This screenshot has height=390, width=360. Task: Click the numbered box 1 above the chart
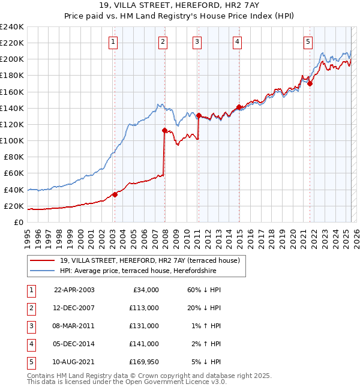[x=113, y=41]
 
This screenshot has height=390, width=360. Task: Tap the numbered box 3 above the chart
[x=197, y=41]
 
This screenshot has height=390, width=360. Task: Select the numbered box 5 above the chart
[x=308, y=41]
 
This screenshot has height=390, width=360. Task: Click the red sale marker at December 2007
[x=164, y=130]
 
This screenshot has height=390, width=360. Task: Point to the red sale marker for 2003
[x=115, y=194]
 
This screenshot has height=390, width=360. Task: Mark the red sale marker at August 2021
[x=310, y=84]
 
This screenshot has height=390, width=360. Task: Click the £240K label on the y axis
[x=12, y=27]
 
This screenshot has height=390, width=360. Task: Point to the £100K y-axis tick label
[x=12, y=140]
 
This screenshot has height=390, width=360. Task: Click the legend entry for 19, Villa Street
[x=149, y=260]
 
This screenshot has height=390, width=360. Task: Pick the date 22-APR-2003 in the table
[x=74, y=290]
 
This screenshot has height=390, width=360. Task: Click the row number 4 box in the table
[x=29, y=344]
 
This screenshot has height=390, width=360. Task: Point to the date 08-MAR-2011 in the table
[x=74, y=326]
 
